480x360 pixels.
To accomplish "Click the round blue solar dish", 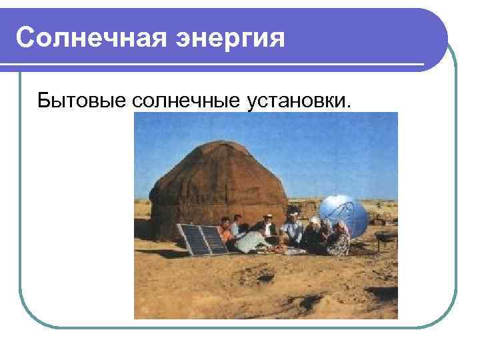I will (x=342, y=215).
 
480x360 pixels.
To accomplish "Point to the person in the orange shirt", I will (x=227, y=233).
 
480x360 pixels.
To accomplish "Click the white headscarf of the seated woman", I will (x=315, y=221).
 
